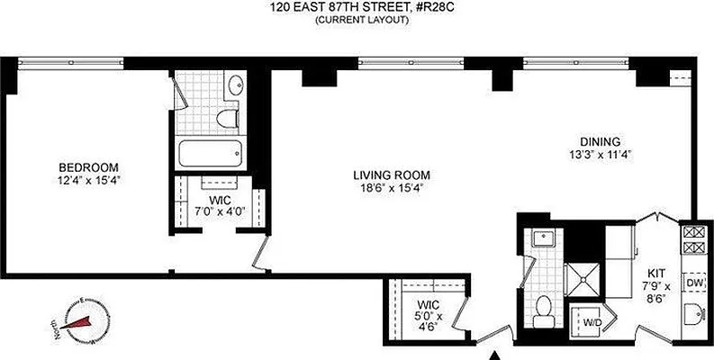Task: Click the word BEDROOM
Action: [88, 167]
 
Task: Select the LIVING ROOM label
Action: [392, 175]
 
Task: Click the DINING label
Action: [600, 142]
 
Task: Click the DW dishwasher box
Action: [694, 283]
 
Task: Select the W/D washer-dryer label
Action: [592, 321]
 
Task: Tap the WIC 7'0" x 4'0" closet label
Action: [220, 205]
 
